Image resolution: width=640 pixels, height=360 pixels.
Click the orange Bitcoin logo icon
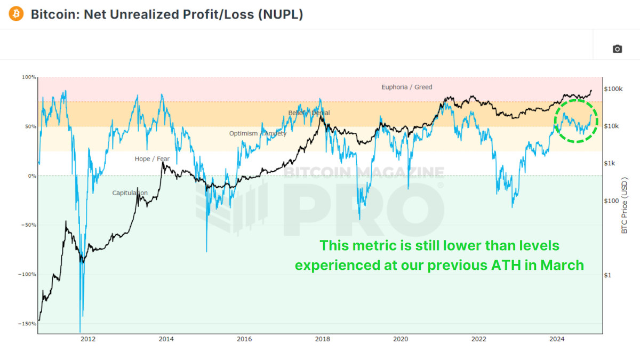click(17, 14)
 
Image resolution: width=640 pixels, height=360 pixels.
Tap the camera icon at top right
click(617, 49)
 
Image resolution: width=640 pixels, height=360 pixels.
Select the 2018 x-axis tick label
click(322, 339)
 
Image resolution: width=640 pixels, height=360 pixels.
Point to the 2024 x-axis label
click(557, 339)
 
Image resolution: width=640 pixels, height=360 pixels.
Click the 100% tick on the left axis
click(29, 77)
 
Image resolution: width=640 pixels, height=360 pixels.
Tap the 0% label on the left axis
click(31, 176)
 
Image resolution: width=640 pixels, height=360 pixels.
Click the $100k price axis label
click(613, 89)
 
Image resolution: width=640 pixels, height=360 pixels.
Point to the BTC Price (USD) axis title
click(625, 206)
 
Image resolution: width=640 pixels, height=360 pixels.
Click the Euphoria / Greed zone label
click(406, 87)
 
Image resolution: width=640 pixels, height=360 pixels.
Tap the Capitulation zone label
click(130, 193)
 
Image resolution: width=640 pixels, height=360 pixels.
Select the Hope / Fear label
click(152, 159)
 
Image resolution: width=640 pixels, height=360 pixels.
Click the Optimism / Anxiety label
click(258, 133)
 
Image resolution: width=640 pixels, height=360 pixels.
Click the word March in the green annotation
click(563, 265)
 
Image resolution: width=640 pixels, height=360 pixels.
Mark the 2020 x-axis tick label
click(400, 339)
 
